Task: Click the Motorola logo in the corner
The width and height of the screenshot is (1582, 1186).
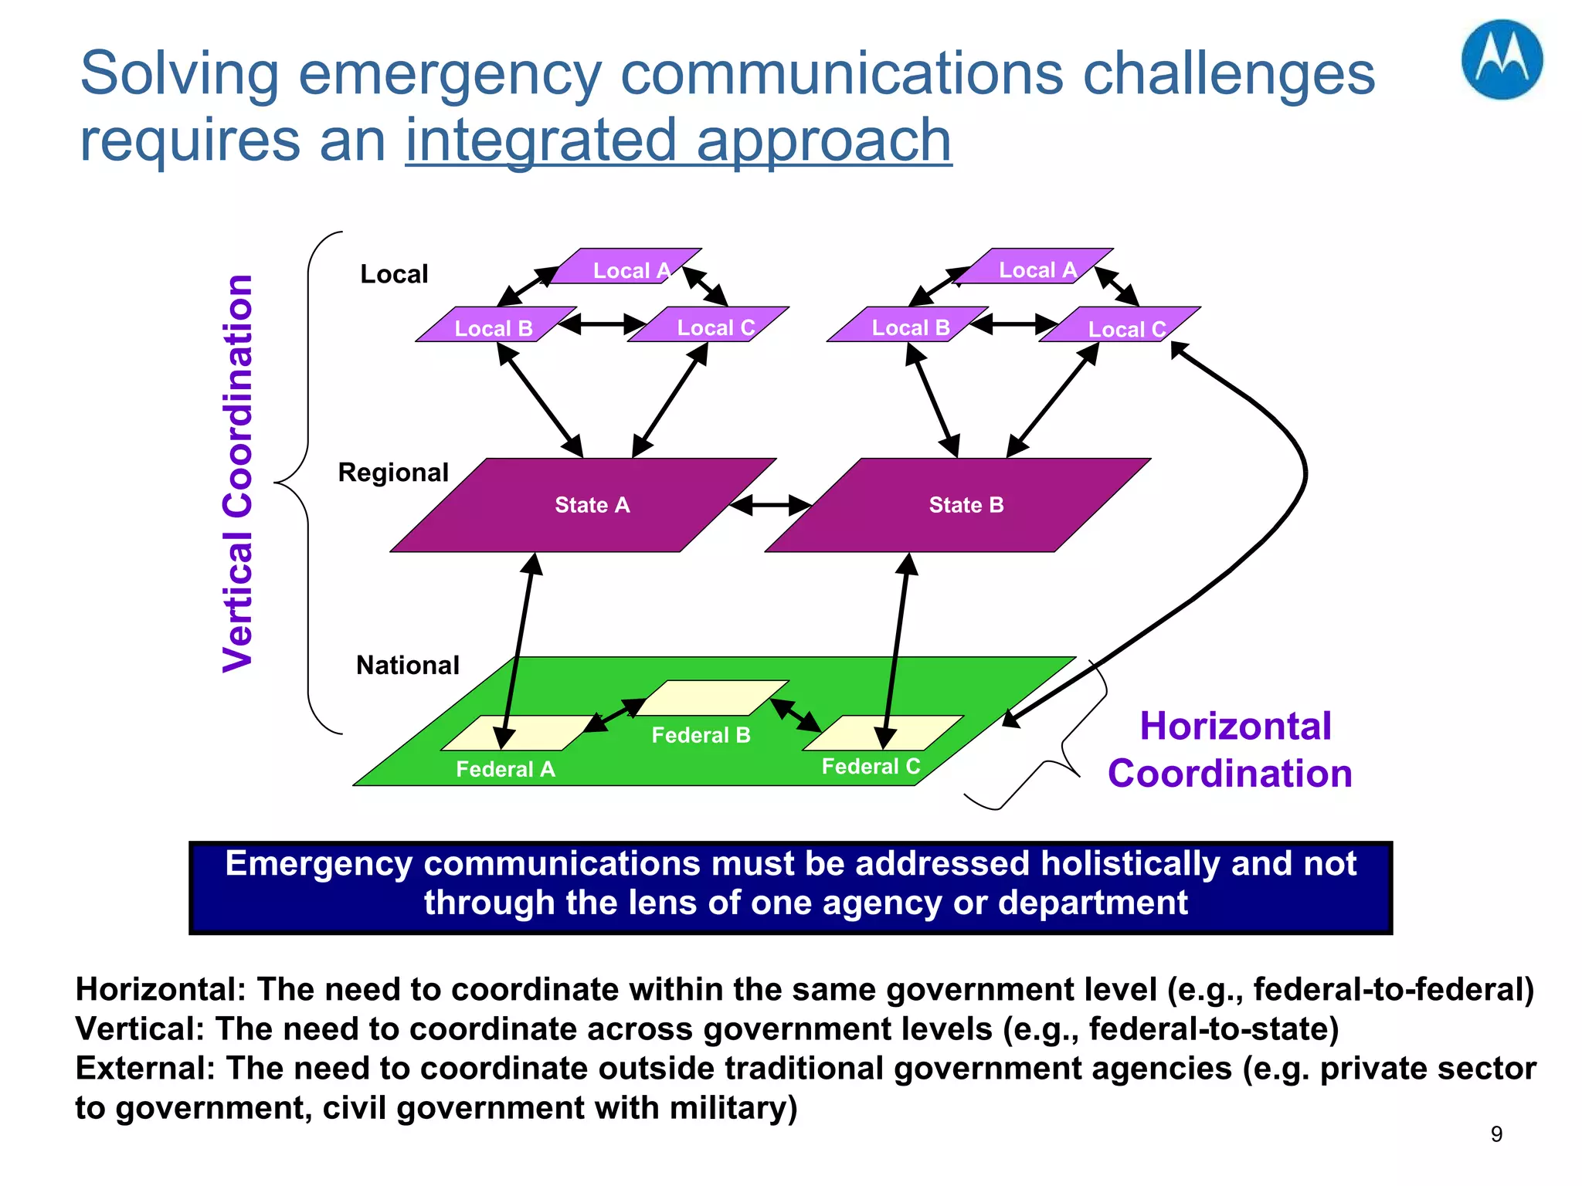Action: click(1501, 60)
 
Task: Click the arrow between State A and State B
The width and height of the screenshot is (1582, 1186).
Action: click(770, 506)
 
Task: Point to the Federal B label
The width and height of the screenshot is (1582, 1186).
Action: click(701, 735)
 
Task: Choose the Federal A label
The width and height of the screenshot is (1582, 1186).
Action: click(505, 769)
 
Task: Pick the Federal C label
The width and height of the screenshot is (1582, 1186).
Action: click(871, 766)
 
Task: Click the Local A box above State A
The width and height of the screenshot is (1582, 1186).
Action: click(627, 268)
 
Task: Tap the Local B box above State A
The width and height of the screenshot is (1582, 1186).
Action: click(494, 327)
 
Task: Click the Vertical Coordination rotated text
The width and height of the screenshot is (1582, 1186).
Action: click(238, 473)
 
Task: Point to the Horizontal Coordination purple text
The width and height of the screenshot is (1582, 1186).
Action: click(1231, 750)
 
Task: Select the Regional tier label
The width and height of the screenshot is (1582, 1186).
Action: click(393, 472)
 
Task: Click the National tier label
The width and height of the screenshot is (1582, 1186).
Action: click(407, 665)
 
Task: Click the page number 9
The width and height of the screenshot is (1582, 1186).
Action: click(1496, 1133)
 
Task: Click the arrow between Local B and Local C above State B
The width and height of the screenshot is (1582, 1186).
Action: click(1013, 324)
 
